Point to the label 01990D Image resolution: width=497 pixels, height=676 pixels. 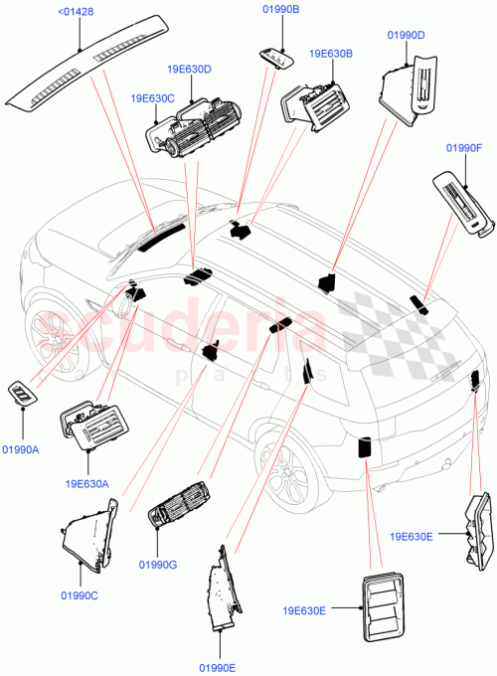coord(405,36)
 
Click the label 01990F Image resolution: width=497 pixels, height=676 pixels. coord(464,148)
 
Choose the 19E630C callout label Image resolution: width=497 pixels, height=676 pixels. coord(151,98)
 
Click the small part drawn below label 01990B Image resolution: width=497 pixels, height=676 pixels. coord(279,59)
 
